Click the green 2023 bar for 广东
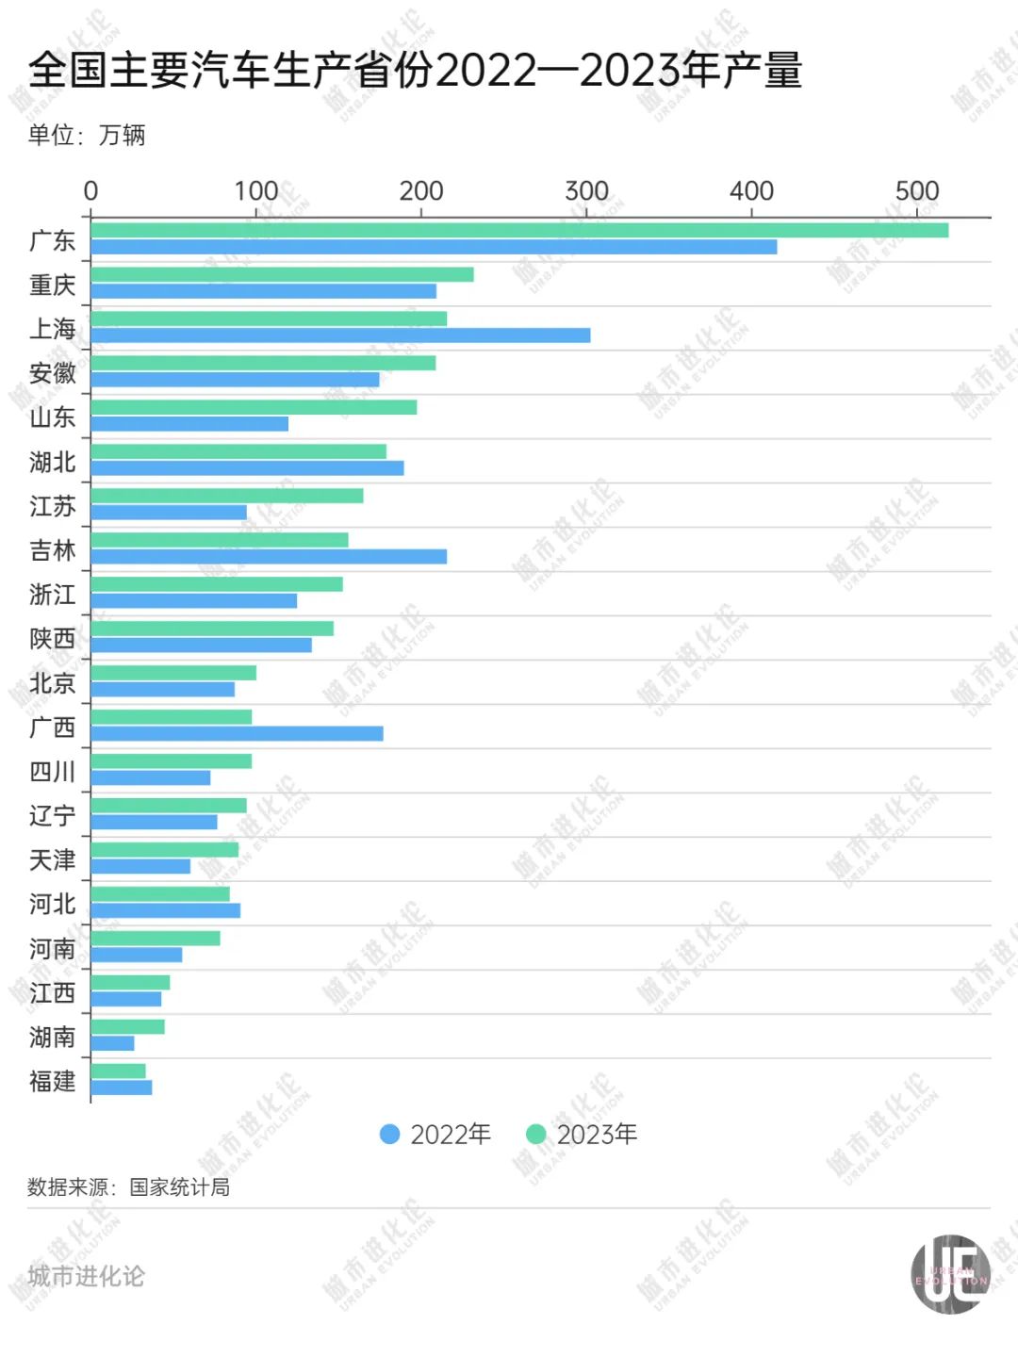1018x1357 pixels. [519, 231]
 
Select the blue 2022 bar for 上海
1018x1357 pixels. [340, 335]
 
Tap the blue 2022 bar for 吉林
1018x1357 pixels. [269, 557]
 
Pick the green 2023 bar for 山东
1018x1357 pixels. [254, 407]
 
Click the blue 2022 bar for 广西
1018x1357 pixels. [237, 733]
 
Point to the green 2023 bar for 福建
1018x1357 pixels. [119, 1071]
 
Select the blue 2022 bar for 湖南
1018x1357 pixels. [113, 1043]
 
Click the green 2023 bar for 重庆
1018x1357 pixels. [282, 274]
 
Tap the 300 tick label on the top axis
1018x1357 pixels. [586, 191]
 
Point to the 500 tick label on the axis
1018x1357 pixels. [916, 191]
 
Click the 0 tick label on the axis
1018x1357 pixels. [90, 191]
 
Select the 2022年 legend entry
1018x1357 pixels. [435, 1135]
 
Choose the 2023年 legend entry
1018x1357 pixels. [582, 1135]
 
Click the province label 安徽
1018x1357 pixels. [53, 373]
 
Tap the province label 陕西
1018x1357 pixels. [53, 639]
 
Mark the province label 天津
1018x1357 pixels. [53, 860]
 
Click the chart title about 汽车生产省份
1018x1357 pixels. [415, 71]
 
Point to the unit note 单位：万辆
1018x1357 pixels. [87, 136]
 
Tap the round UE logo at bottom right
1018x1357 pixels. [950, 1275]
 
